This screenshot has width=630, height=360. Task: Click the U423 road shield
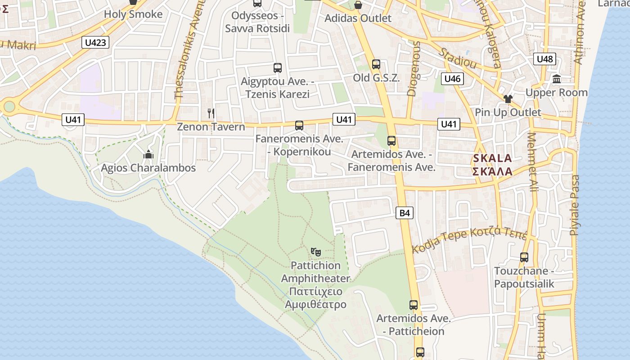(96, 43)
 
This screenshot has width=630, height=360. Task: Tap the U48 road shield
(545, 59)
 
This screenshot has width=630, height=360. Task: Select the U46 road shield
(452, 79)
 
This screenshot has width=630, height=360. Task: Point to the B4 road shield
(405, 213)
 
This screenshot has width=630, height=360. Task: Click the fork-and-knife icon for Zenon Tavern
(211, 113)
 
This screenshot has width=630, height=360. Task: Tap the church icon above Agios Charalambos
(148, 155)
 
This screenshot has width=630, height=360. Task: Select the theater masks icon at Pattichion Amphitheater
(316, 252)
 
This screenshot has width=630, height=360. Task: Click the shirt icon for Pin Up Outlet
(508, 99)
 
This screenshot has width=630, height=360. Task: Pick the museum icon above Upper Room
(557, 79)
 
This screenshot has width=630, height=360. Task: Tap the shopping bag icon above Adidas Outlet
(358, 5)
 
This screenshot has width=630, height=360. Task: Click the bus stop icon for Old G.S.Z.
(376, 64)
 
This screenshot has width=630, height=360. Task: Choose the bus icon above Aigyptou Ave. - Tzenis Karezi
(278, 68)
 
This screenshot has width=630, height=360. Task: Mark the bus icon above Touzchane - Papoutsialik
(524, 257)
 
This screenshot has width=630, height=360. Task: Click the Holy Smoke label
(133, 14)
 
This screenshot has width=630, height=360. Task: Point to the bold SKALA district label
(492, 158)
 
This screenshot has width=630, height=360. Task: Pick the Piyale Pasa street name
(575, 205)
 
